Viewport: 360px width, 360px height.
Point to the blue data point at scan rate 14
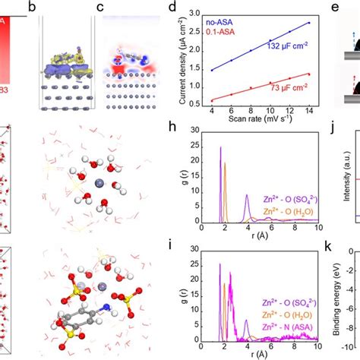pos(308,23)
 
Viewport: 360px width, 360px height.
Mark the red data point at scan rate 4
pos(212,99)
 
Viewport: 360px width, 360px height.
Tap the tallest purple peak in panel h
pos(220,148)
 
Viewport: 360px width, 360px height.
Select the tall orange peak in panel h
pos(224,163)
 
